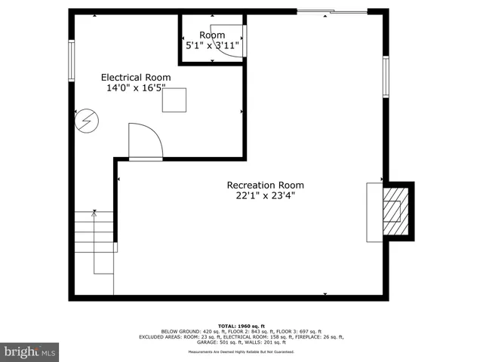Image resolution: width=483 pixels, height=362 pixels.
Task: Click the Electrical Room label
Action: (x=136, y=77)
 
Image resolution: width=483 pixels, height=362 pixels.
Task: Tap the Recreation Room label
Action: (x=264, y=186)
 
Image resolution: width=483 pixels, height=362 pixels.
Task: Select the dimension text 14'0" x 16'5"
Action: (x=136, y=87)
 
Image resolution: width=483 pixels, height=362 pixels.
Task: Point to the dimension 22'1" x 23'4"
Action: (x=264, y=196)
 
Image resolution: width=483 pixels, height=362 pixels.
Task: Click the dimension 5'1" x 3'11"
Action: (x=213, y=46)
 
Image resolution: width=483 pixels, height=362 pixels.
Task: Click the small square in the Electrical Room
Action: (x=174, y=100)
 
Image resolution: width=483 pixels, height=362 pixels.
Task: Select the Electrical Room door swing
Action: (x=144, y=142)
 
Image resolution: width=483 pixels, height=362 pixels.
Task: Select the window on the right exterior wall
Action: (x=386, y=78)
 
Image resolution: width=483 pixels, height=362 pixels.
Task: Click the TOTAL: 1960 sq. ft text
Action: (x=241, y=325)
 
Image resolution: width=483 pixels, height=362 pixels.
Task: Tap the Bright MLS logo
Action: (x=30, y=351)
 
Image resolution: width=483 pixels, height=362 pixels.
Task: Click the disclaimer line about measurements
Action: (x=241, y=351)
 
